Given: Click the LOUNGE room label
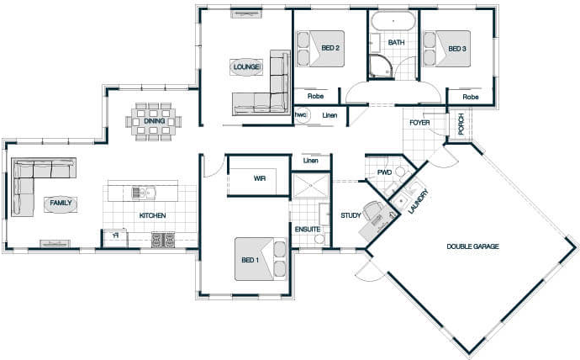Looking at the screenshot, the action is pos(247,67).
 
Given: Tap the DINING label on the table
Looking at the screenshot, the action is pos(155,121).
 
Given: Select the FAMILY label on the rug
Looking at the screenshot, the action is pos(61,203).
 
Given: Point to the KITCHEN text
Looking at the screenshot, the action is pos(152,215).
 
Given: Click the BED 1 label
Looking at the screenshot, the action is pos(250,260).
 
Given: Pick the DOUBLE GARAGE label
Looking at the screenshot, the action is pos(472,246).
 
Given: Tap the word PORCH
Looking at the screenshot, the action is pos(461,124).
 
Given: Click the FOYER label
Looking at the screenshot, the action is pos(419,123).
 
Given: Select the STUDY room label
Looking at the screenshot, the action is pos(351,215).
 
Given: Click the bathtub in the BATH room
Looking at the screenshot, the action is pos(393,21).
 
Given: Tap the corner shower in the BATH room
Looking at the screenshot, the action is pos(381,67).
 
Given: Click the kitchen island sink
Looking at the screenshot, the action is pos(144,193).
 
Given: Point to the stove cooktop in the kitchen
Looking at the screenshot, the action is pos(163,240).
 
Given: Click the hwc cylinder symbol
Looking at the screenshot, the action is pos(301,115).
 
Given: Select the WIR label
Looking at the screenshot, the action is pos(260,178).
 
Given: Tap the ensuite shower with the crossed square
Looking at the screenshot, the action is pos(310,186).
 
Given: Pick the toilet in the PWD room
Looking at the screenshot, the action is pos(401,172).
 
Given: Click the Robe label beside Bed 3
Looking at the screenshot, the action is pos(471,97).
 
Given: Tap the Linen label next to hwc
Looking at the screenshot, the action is pos(330,115).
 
